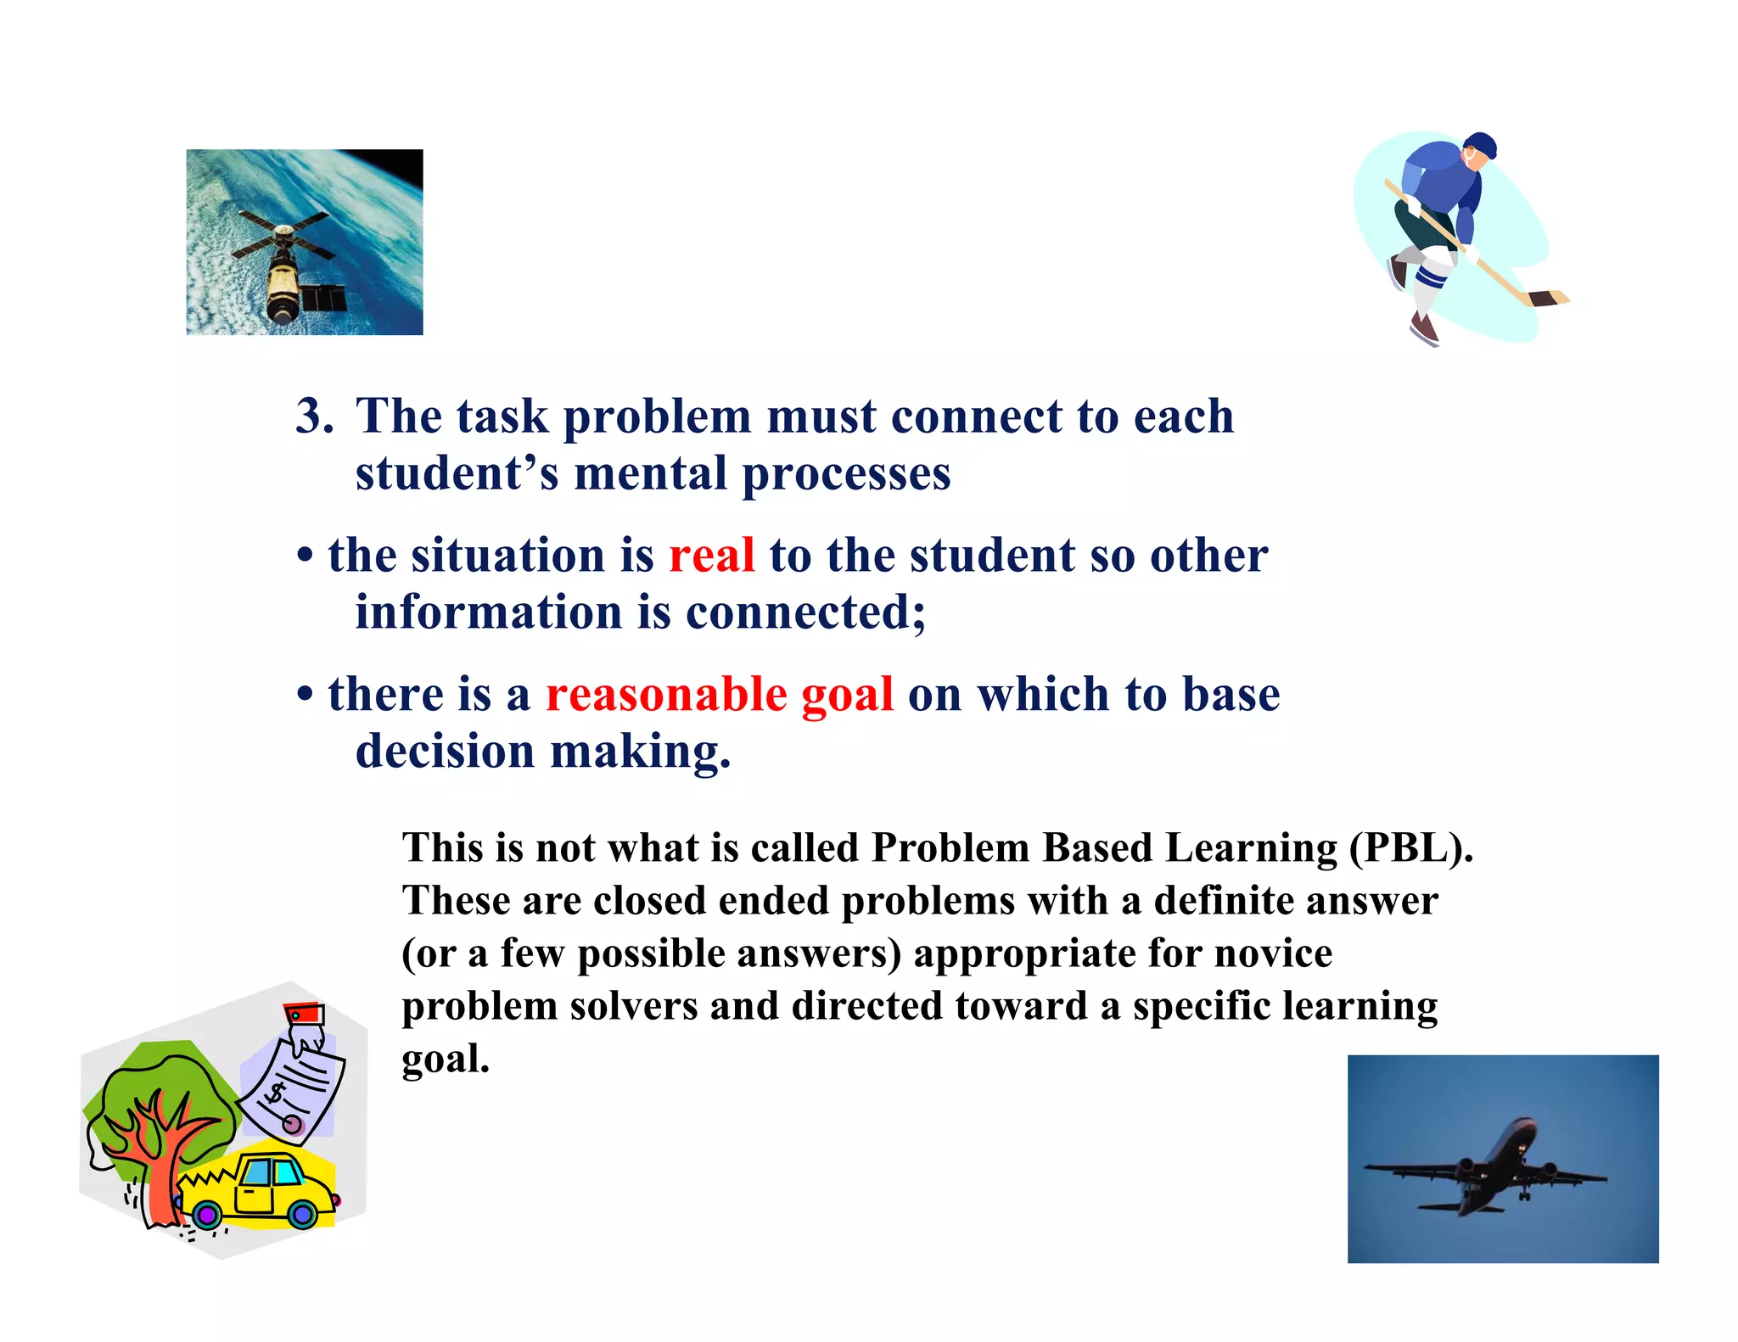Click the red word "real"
pyautogui.click(x=711, y=556)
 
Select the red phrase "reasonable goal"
pyautogui.click(x=719, y=694)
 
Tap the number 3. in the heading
pyautogui.click(x=314, y=417)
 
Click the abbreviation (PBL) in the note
pyautogui.click(x=1410, y=847)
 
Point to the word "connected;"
pyautogui.click(x=805, y=612)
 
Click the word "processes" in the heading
pyautogui.click(x=846, y=473)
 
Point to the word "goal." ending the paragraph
pyautogui.click(x=446, y=1059)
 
